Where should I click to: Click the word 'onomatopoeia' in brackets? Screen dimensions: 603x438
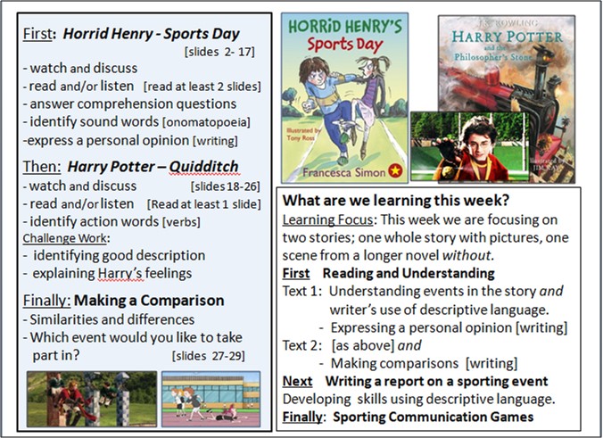pos(206,122)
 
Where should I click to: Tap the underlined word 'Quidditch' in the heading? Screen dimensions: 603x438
pos(203,167)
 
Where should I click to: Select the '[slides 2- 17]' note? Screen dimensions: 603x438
pos(219,52)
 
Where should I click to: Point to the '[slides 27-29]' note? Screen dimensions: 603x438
pos(209,356)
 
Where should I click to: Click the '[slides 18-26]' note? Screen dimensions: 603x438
pos(226,186)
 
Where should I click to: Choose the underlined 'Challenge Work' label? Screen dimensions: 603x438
pos(64,238)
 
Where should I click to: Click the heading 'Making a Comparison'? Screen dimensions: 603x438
pos(149,301)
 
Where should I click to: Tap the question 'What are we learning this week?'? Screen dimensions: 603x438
pos(396,201)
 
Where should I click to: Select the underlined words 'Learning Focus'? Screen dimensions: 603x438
pos(327,220)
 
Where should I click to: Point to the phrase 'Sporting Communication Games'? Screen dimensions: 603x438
pos(433,417)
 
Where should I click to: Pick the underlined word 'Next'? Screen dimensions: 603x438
pos(297,381)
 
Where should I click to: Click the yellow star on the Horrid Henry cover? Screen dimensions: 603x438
pos(395,170)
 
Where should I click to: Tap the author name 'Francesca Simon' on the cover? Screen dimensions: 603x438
pos(343,172)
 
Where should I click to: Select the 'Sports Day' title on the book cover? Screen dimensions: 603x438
pos(345,45)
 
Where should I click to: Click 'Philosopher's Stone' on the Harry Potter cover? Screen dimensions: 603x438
pos(493,57)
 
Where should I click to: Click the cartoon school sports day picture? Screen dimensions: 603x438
pos(211,399)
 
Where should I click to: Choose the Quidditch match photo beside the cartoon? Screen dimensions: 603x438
pos(92,399)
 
